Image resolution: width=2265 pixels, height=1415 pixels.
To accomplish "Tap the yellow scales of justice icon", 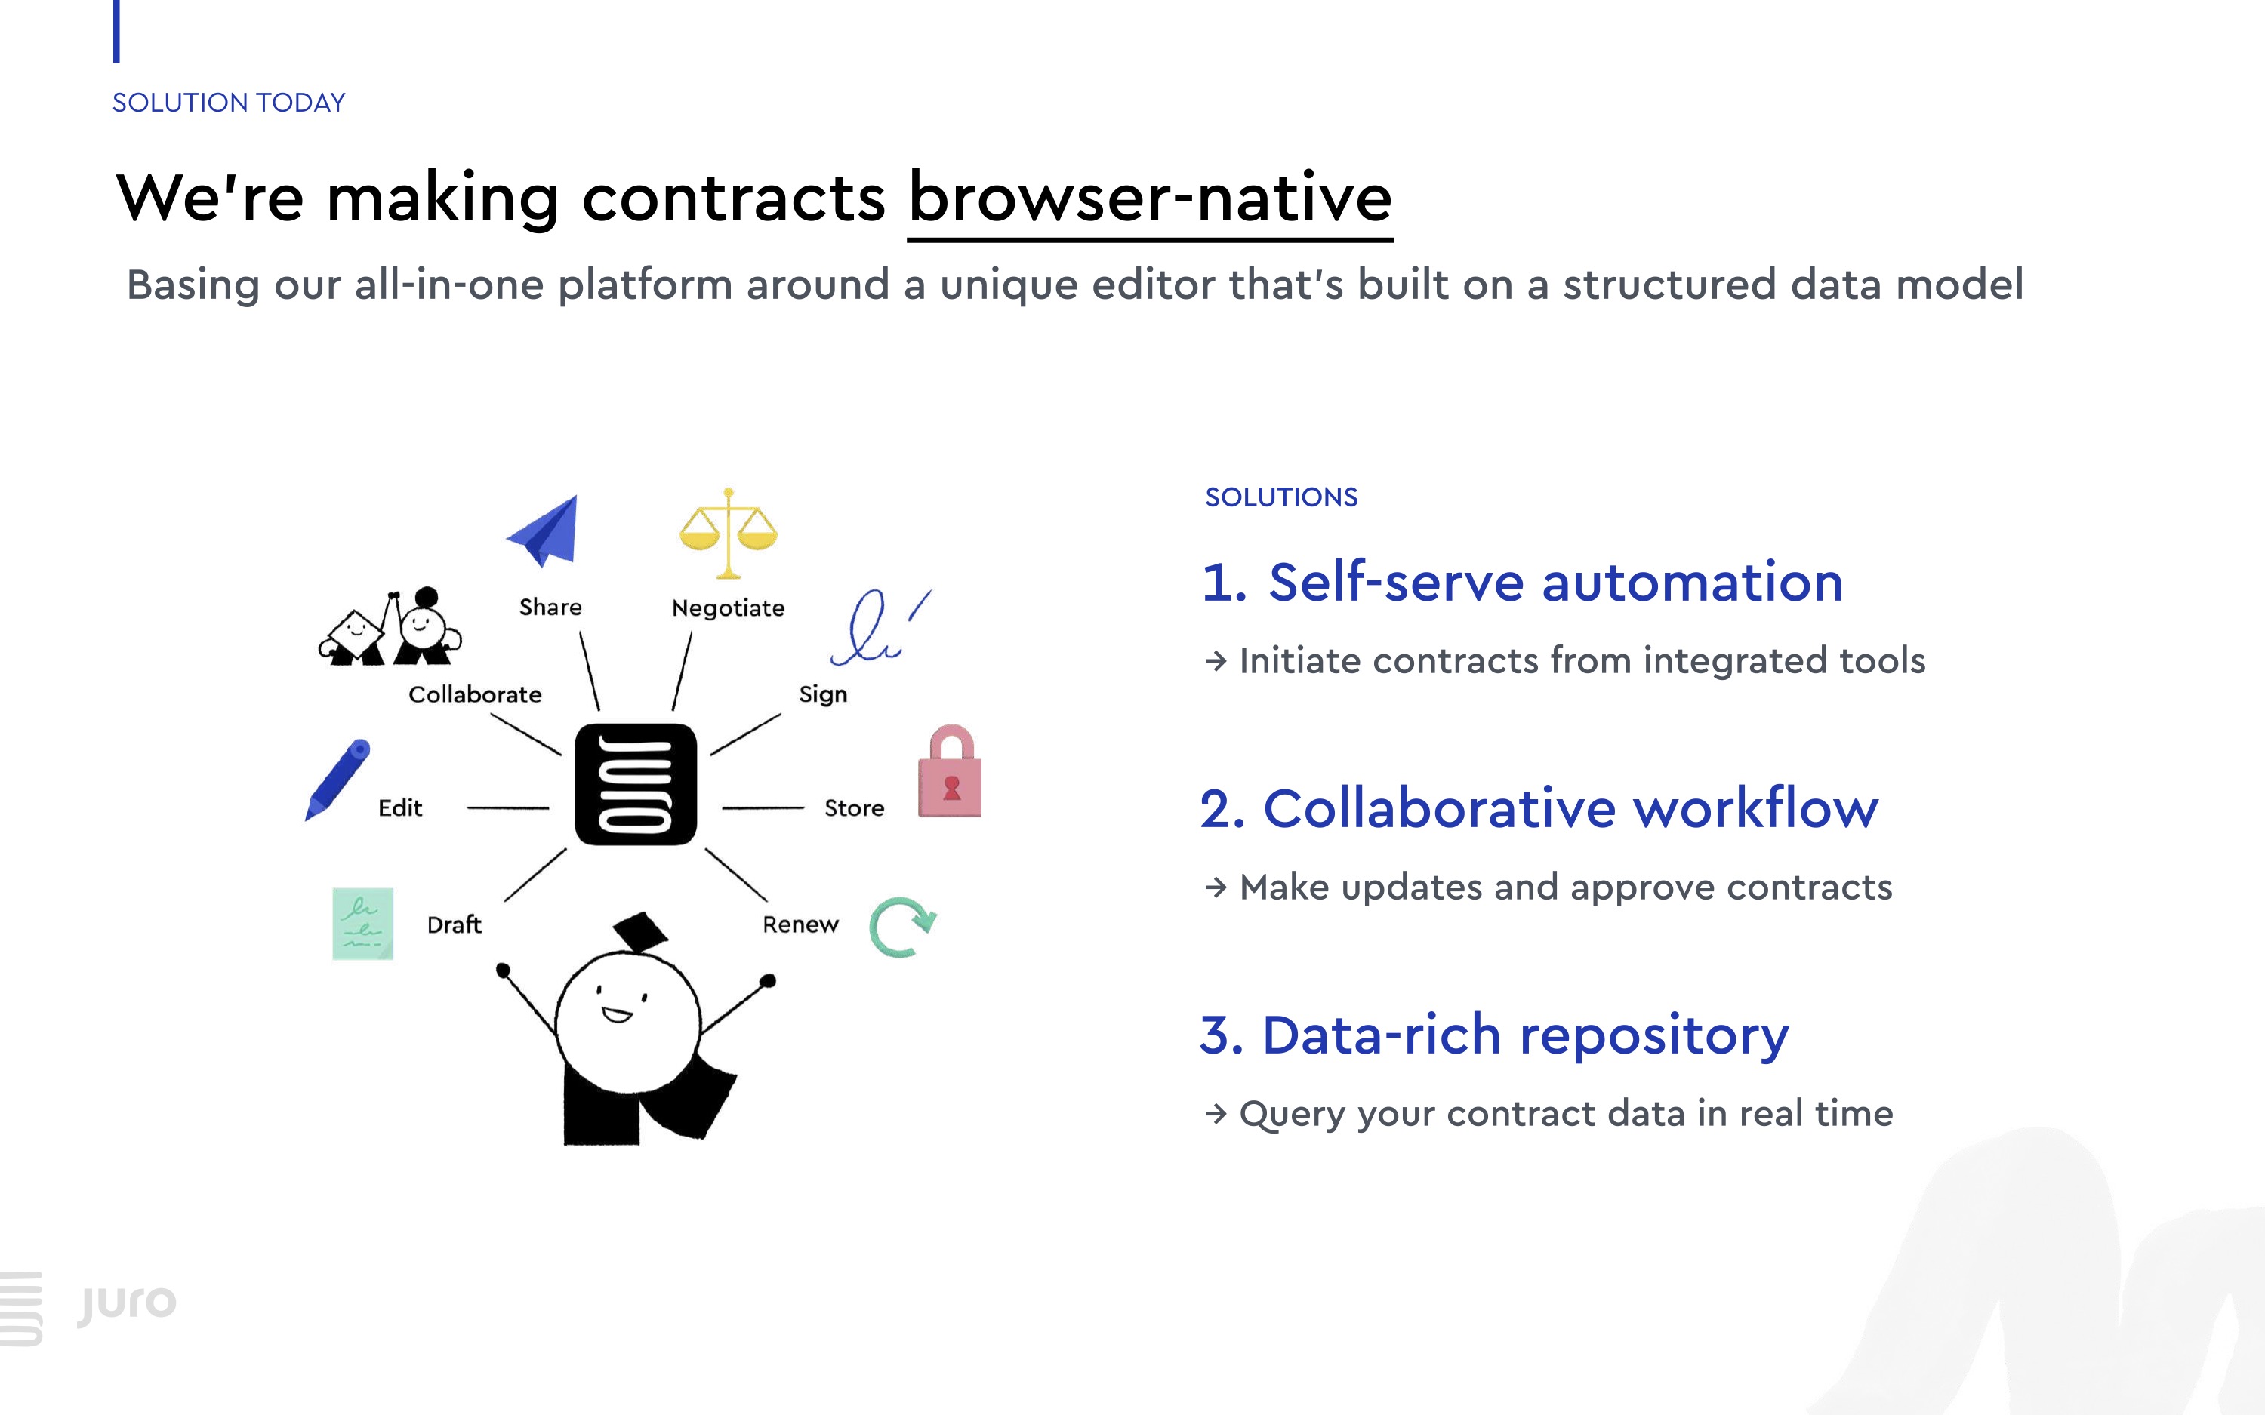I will click(x=728, y=533).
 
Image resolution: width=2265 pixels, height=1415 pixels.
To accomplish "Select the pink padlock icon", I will click(x=950, y=773).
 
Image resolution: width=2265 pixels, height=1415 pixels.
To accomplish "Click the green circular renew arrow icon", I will click(x=901, y=927).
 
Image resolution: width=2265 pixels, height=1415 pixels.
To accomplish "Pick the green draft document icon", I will click(x=363, y=924).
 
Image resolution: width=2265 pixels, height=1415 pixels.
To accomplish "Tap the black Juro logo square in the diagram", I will click(x=636, y=784).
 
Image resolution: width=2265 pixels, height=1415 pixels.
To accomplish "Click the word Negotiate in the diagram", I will click(x=728, y=608).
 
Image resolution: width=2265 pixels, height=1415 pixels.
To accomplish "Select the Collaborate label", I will click(x=476, y=694).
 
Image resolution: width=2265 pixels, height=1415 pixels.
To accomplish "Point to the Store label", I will click(x=854, y=807).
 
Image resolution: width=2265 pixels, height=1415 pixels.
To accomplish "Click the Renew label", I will click(x=800, y=924).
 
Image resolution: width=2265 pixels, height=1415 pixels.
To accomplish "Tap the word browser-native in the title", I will click(x=1149, y=198).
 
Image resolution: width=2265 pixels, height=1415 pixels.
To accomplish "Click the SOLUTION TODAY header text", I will click(x=228, y=103).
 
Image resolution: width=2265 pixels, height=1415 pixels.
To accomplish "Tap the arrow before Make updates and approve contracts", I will click(x=1216, y=887).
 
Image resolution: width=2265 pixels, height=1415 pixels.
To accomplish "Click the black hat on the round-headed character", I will click(x=641, y=932).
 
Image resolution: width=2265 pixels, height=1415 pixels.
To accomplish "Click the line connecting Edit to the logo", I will click(x=508, y=807).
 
